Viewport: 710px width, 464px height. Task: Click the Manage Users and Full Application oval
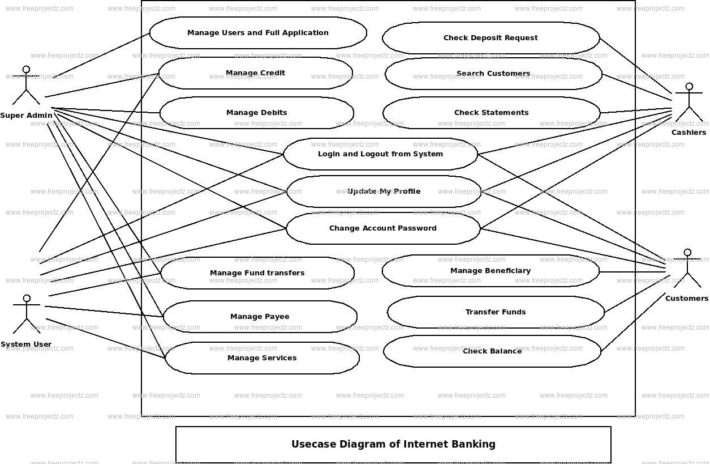pos(258,33)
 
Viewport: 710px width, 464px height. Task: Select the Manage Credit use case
pos(255,73)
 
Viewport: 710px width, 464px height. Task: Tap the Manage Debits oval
pos(256,113)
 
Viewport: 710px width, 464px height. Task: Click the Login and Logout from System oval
pos(380,154)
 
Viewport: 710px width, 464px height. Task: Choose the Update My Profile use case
pos(384,191)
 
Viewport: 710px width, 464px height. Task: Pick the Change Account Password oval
pos(383,228)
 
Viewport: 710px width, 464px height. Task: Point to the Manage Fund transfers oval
pos(257,273)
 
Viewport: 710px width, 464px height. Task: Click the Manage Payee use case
pos(260,317)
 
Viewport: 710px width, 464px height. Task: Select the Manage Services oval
pos(262,358)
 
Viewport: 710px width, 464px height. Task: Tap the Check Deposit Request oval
pos(490,38)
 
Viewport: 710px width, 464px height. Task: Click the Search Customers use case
pos(493,74)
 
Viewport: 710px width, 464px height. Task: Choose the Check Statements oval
pos(491,113)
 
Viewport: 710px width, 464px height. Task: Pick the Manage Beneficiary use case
pos(490,271)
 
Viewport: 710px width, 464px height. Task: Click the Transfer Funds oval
pos(496,312)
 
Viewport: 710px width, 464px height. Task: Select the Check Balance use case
pos(492,351)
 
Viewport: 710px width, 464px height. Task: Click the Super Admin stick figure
pos(26,86)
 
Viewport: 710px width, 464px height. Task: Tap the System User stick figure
pos(26,314)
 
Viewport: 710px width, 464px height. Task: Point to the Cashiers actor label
pos(689,133)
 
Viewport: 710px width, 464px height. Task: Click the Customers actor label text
pos(686,299)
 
